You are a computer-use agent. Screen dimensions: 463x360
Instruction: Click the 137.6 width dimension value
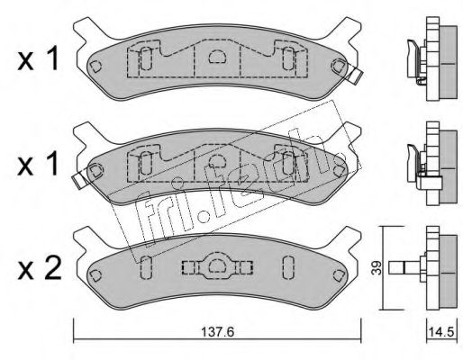217,332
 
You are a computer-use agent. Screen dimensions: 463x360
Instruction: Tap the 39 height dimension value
377,268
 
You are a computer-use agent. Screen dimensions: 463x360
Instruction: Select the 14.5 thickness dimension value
442,332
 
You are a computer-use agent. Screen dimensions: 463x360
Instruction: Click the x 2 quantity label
40,268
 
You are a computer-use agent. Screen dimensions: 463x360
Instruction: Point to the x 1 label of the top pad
38,59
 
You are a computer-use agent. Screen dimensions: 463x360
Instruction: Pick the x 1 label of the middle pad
38,164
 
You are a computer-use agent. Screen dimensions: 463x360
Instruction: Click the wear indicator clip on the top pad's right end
355,76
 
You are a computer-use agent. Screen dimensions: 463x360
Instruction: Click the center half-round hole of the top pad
217,56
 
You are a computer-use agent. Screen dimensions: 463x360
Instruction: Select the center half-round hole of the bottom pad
217,265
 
